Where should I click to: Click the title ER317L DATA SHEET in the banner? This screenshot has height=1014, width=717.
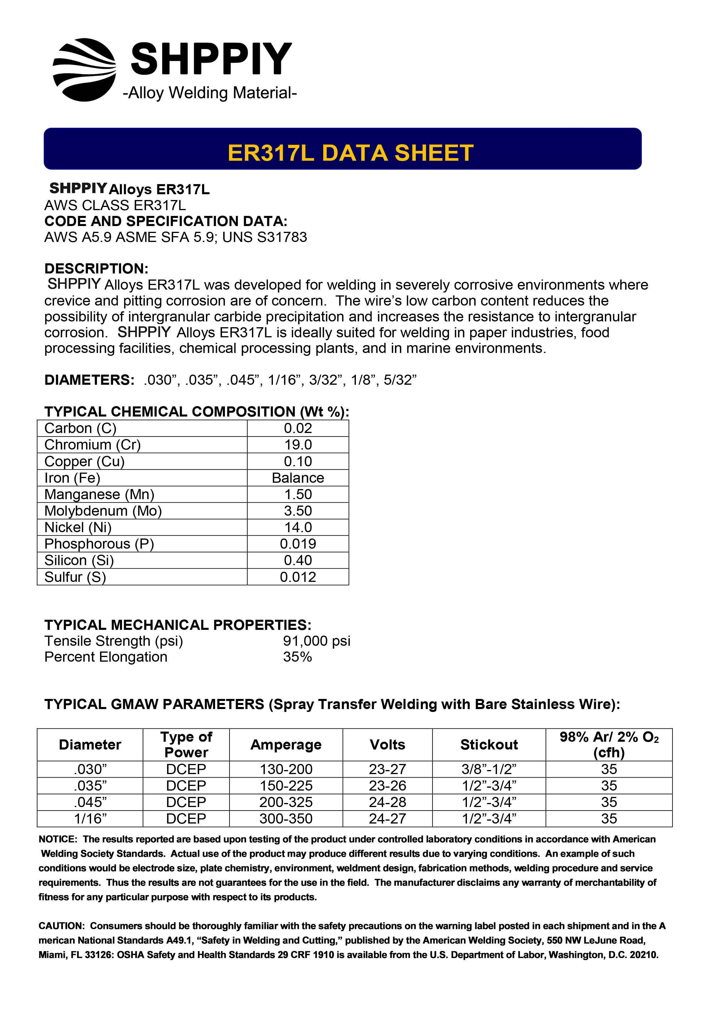tap(350, 153)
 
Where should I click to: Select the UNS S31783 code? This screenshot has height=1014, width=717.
tap(265, 237)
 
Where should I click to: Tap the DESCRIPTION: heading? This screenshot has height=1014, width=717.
tap(96, 269)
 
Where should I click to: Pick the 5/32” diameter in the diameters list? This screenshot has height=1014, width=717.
tap(400, 380)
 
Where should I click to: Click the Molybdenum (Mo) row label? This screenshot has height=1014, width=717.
tap(103, 511)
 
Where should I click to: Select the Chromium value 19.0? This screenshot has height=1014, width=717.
tap(298, 445)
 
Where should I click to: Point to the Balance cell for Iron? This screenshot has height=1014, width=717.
tap(298, 478)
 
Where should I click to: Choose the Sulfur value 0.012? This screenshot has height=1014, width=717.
tap(298, 577)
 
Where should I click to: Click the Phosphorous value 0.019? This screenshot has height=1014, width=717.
tap(298, 544)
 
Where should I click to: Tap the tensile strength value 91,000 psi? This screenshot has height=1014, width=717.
tap(317, 641)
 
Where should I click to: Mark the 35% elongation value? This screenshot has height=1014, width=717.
tap(297, 657)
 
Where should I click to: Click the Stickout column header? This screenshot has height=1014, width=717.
tap(489, 745)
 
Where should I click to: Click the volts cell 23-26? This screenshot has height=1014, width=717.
tap(387, 786)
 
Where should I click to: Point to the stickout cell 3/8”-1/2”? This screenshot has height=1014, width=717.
tap(489, 769)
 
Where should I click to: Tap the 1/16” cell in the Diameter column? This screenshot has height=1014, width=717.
tap(90, 818)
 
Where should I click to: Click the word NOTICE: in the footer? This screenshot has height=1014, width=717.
tap(58, 839)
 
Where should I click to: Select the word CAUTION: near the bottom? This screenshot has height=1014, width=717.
tap(61, 926)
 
